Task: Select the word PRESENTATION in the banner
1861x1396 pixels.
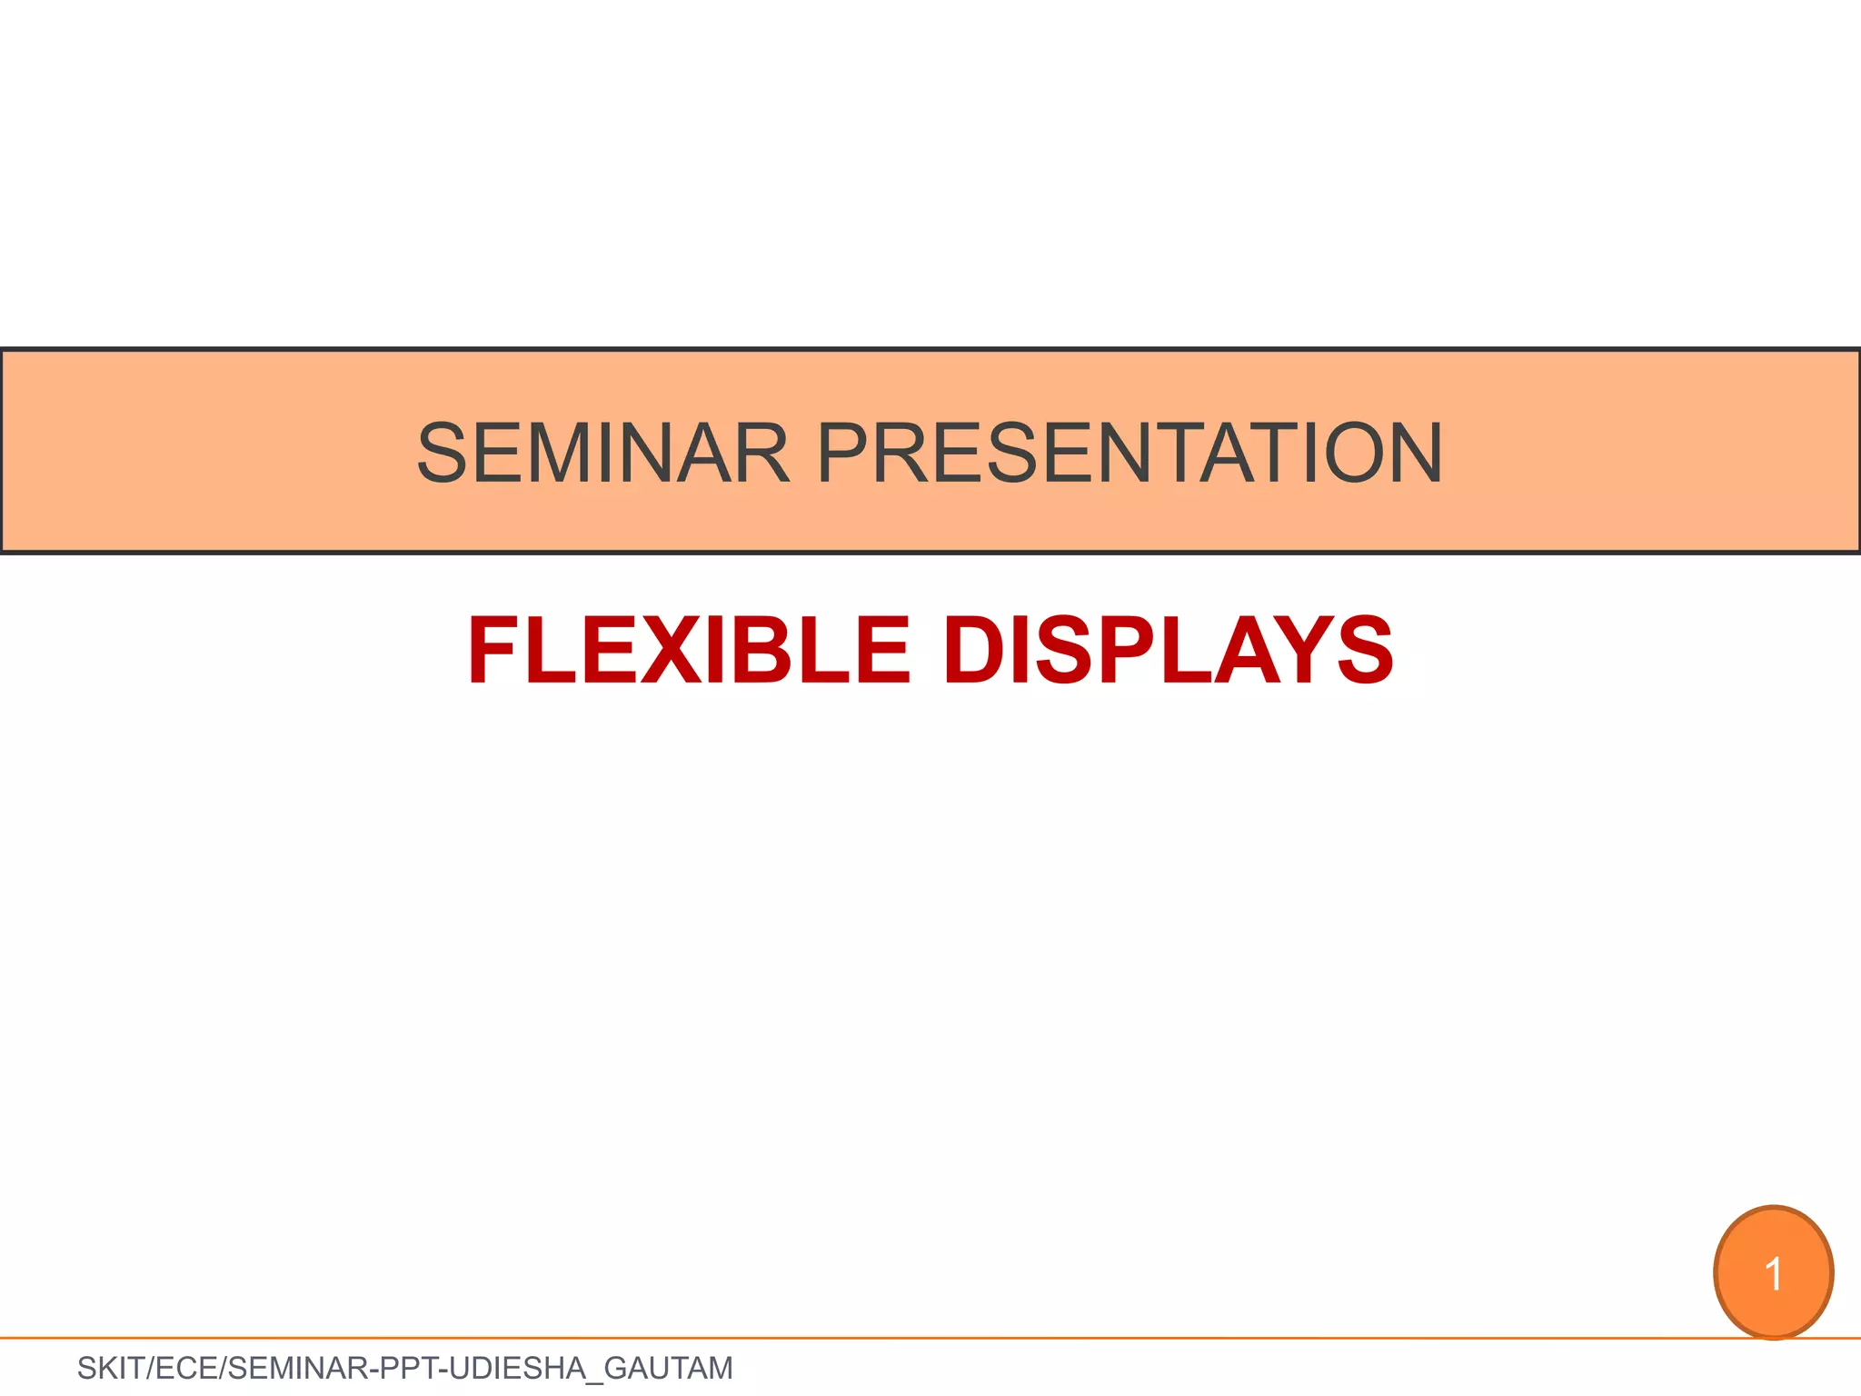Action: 1130,454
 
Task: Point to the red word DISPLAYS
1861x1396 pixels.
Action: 1168,651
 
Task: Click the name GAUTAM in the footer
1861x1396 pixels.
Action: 668,1368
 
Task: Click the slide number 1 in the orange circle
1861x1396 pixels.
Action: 1773,1273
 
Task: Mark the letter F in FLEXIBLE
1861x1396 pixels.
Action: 496,651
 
